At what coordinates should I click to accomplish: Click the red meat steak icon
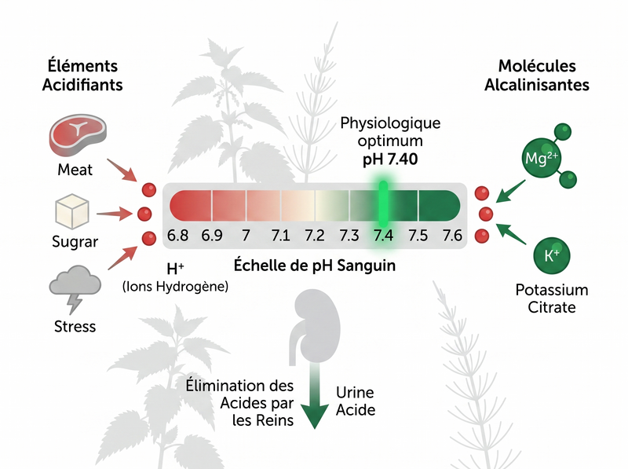78,134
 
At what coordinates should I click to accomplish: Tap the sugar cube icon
72,211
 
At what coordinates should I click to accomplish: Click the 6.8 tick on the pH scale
177,236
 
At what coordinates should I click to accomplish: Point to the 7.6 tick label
452,236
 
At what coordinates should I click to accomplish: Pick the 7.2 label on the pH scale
315,236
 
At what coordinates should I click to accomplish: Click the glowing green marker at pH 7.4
383,204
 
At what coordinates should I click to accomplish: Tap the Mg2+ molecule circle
541,159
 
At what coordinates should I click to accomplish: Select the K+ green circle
552,256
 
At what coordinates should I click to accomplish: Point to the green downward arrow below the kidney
315,396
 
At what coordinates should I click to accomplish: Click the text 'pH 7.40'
390,159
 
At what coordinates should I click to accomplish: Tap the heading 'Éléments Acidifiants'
82,75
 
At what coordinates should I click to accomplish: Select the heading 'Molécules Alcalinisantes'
537,75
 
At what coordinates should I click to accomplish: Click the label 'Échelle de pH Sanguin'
315,266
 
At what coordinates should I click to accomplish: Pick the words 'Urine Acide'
356,401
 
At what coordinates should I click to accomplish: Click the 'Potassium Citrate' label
552,299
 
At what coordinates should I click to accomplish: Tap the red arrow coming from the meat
122,170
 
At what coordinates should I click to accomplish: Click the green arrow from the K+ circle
511,233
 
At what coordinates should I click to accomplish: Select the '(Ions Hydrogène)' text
175,287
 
